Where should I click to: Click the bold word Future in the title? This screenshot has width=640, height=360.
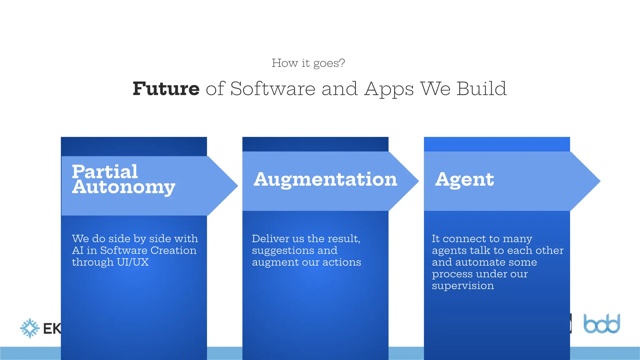coord(166,89)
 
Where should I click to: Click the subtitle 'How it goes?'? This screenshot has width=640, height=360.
coord(308,63)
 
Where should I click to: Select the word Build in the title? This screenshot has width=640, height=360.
coord(481,89)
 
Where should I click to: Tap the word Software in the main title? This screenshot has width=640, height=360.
coord(273,89)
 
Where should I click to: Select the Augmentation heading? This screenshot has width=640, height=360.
coord(325,179)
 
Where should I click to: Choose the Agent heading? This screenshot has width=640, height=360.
coord(464,179)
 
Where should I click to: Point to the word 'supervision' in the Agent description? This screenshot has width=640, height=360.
coord(463,286)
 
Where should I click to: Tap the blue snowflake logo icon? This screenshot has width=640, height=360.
coord(30,328)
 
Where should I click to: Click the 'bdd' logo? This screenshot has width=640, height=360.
coord(602,324)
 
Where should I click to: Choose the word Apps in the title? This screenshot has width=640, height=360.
coord(389,89)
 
